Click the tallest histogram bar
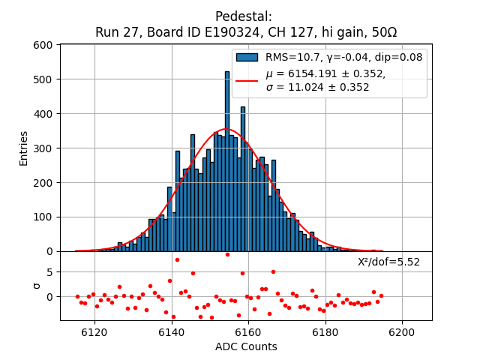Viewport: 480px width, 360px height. pyautogui.click(x=227, y=161)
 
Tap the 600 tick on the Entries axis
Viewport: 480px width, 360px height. pyautogui.click(x=43, y=45)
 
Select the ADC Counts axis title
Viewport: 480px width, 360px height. pyautogui.click(x=246, y=346)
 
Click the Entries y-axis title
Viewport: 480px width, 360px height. pyautogui.click(x=23, y=148)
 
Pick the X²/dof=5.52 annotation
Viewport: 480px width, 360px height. pyautogui.click(x=388, y=262)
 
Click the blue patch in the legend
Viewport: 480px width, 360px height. pyautogui.click(x=247, y=57)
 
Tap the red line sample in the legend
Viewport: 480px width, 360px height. pyautogui.click(x=247, y=80)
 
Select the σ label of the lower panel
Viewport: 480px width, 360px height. pyautogui.click(x=35, y=286)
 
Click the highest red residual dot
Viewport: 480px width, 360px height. pyautogui.click(x=227, y=254)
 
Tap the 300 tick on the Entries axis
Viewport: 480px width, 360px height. pyautogui.click(x=43, y=148)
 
